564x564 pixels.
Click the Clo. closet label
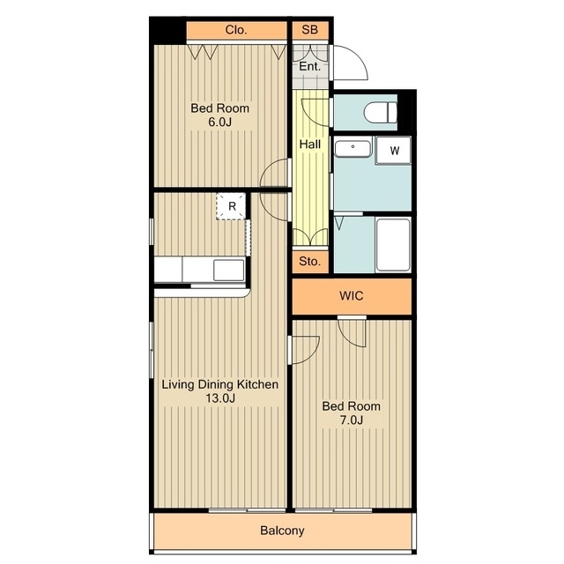tap(236, 30)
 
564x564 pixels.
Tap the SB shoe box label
tap(309, 29)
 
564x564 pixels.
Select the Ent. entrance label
tap(309, 67)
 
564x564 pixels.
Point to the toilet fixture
tap(380, 112)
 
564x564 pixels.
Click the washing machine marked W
tap(393, 151)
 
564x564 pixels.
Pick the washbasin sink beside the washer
tap(352, 149)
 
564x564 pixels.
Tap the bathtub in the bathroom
tap(393, 245)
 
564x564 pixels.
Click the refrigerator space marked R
tap(231, 206)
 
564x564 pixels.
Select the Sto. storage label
tap(309, 261)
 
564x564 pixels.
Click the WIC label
tap(351, 296)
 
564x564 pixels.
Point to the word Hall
tap(309, 145)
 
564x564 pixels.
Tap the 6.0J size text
tap(219, 122)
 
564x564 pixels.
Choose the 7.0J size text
tap(351, 419)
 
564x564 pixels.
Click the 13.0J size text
tap(220, 398)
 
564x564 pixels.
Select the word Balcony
tap(282, 531)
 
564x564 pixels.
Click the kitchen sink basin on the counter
tap(229, 271)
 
